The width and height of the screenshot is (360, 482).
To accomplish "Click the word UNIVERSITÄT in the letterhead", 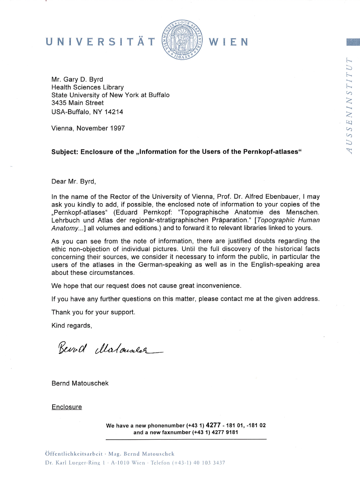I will [101, 42].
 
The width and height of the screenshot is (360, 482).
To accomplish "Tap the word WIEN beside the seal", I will [228, 42].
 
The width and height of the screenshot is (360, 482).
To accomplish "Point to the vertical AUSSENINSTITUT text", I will [350, 106].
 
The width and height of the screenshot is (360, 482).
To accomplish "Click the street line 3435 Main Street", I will [78, 103].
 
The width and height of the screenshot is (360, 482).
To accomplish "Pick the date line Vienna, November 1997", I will [88, 128].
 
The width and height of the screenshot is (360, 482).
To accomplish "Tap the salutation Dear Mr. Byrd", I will [74, 181].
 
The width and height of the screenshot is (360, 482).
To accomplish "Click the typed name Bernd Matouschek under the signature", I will [80, 383].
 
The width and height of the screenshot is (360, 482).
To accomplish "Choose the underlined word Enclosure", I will [67, 407].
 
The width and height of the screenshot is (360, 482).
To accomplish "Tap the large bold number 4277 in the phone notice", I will [213, 425].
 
